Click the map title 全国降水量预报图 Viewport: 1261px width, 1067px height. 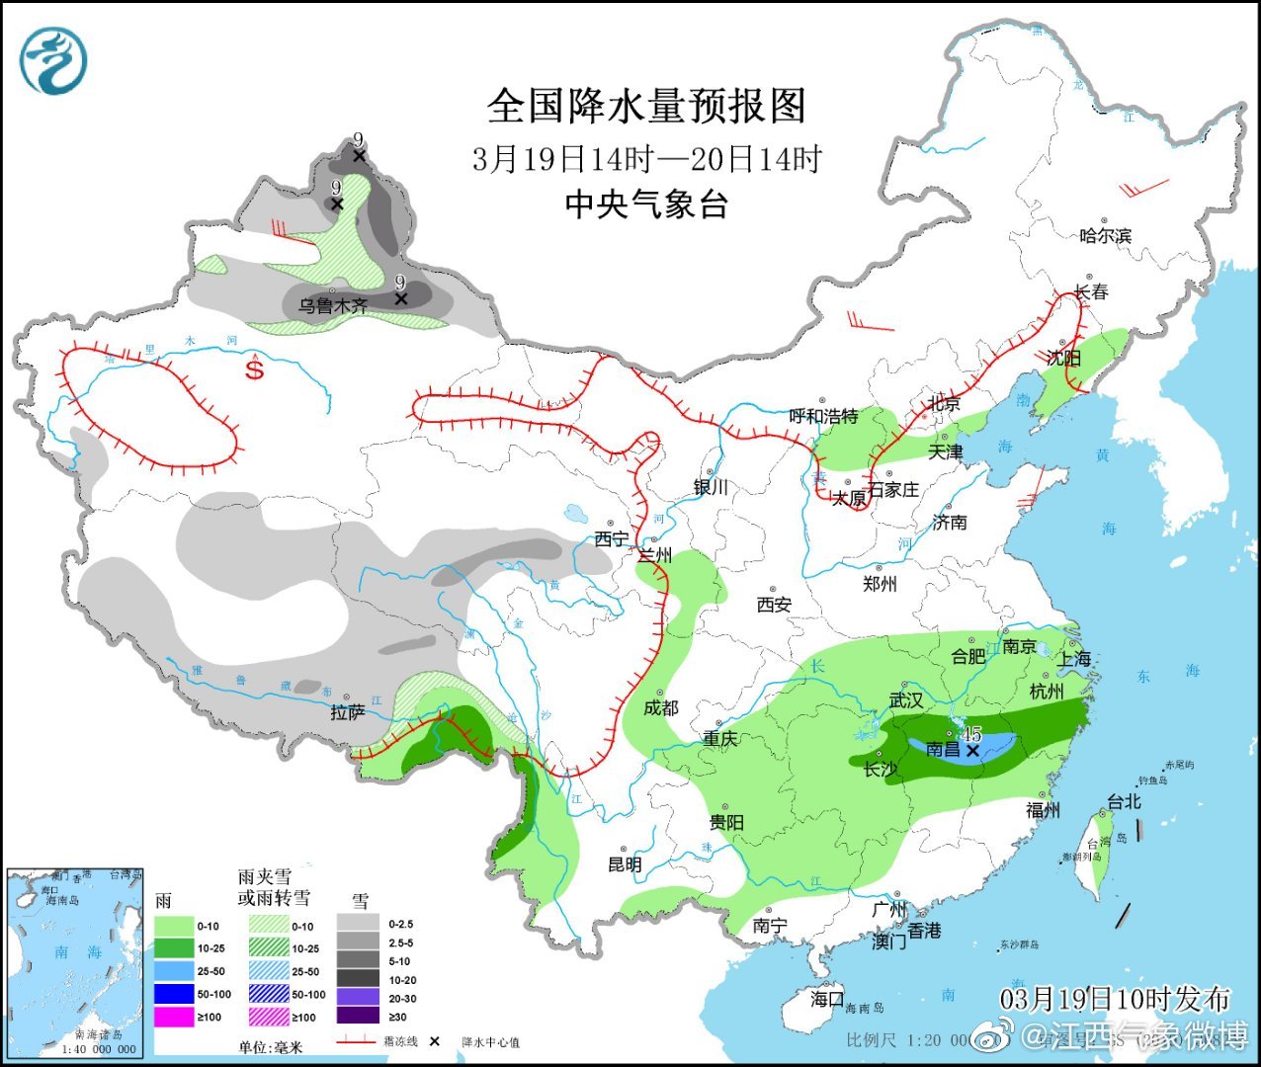coord(647,106)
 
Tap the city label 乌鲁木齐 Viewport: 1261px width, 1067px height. coord(333,306)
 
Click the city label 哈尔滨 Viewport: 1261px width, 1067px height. coord(1105,236)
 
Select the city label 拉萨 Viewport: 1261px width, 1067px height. coord(347,712)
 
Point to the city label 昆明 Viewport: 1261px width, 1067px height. coord(625,864)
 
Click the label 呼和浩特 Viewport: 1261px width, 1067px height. coord(823,417)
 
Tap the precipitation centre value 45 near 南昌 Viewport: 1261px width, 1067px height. coord(972,734)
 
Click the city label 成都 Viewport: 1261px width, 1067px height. coord(661,707)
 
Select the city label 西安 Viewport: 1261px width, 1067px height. coord(774,604)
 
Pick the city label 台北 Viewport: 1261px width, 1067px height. coord(1124,802)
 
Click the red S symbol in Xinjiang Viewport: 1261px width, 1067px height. coord(255,369)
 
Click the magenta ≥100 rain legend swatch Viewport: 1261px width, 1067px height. coord(174,1017)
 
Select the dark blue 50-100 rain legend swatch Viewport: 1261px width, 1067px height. coord(174,994)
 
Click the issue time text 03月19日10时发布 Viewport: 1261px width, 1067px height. coord(1115,999)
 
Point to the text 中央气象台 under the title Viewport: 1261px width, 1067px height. coord(646,205)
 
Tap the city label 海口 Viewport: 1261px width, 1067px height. coord(827,999)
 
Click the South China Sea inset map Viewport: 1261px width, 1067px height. coord(74,962)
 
